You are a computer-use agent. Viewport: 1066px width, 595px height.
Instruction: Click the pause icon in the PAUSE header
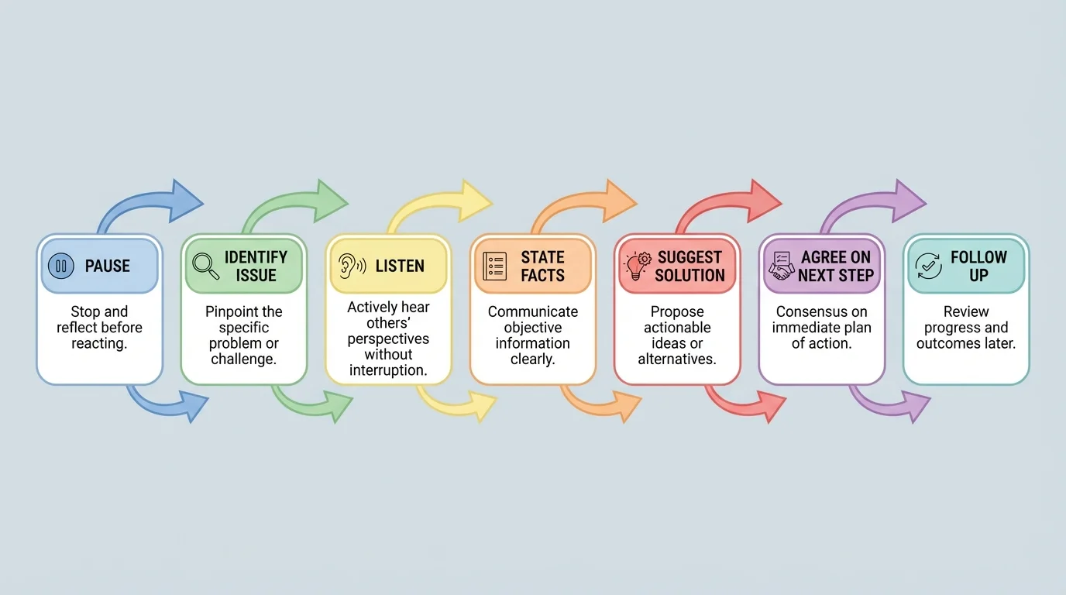pyautogui.click(x=61, y=267)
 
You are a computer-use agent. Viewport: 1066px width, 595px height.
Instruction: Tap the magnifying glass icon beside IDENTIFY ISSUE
pyautogui.click(x=205, y=266)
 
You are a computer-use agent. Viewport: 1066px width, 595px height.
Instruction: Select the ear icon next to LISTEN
pyautogui.click(x=351, y=266)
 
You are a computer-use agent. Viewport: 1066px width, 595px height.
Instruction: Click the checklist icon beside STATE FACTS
pyautogui.click(x=494, y=266)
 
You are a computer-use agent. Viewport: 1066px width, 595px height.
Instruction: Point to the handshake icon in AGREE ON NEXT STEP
pyautogui.click(x=781, y=266)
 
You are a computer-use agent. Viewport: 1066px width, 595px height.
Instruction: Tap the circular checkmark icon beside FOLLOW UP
pyautogui.click(x=927, y=266)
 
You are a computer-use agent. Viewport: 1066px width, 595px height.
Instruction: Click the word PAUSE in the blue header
pyautogui.click(x=108, y=267)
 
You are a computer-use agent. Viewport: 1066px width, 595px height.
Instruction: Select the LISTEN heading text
pyautogui.click(x=400, y=267)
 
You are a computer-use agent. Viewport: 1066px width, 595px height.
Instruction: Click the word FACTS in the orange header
pyautogui.click(x=542, y=275)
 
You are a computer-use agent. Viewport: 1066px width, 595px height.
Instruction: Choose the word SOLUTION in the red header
pyautogui.click(x=689, y=275)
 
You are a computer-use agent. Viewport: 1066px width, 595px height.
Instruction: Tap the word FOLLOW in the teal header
pyautogui.click(x=978, y=257)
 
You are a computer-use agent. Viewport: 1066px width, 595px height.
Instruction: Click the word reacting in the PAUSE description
pyautogui.click(x=99, y=343)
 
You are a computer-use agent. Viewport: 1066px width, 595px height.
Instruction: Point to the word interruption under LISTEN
pyautogui.click(x=388, y=370)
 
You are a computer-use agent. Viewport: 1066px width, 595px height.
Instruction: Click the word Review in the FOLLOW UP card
pyautogui.click(x=965, y=312)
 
